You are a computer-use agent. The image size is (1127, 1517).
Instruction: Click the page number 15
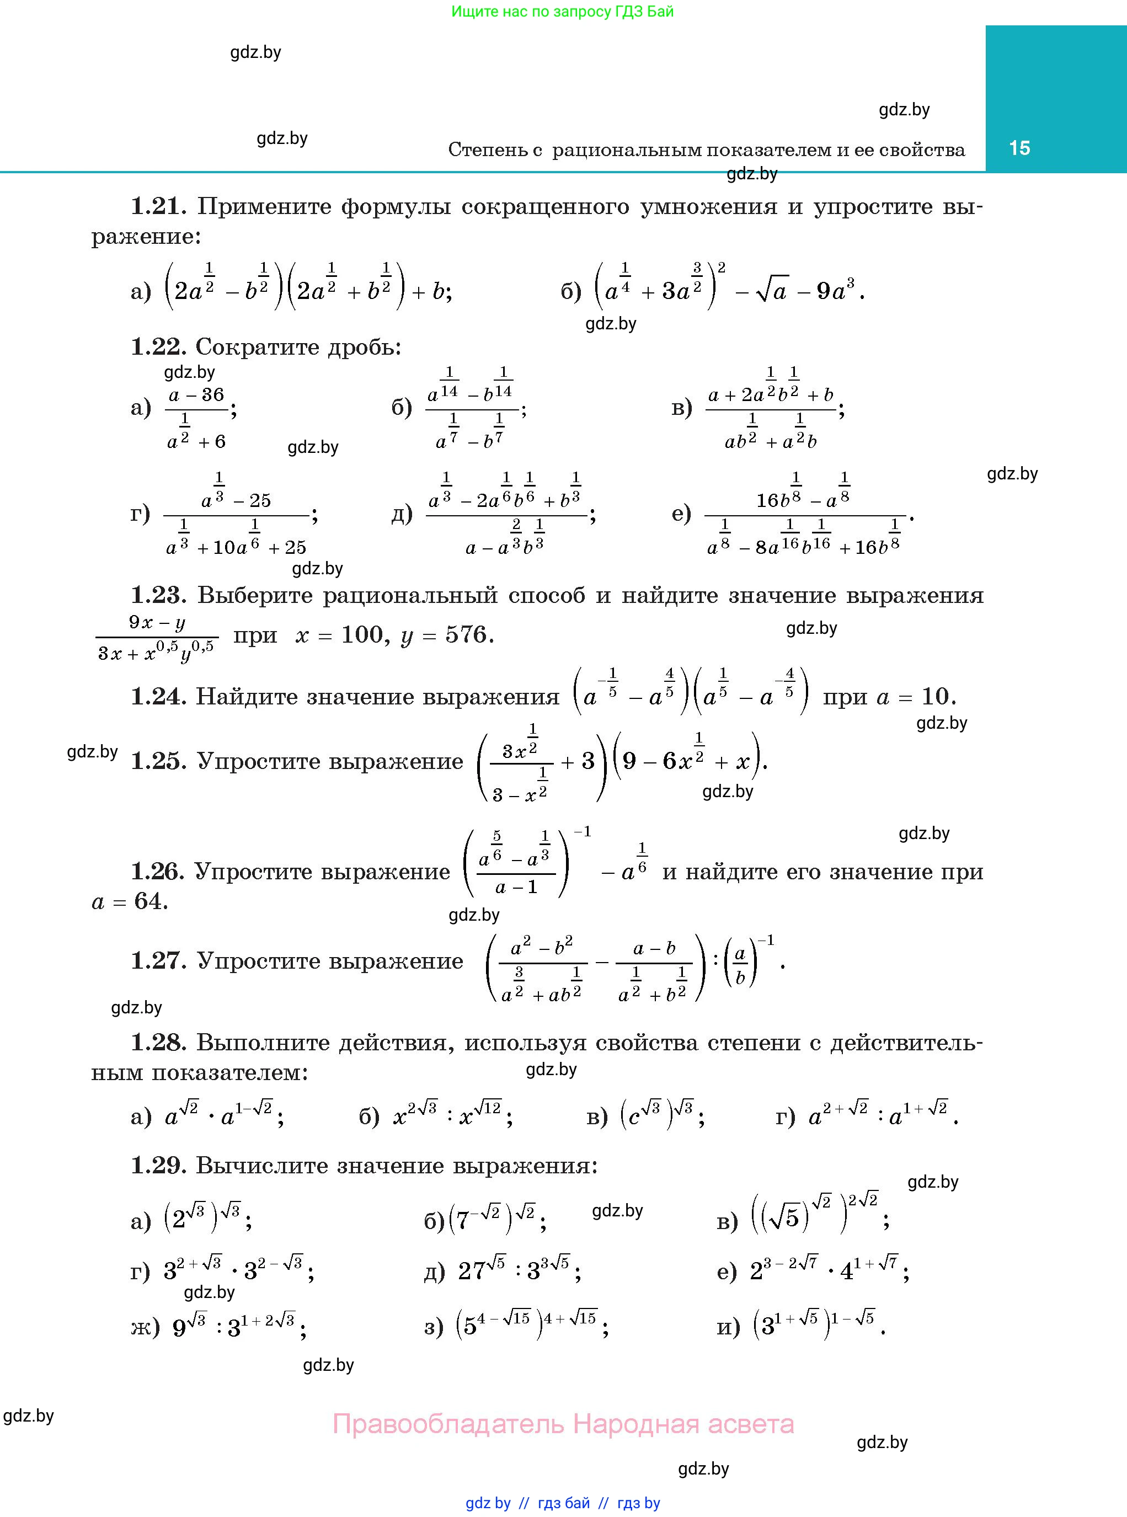(1019, 148)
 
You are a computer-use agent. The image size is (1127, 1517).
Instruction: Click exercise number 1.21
(158, 206)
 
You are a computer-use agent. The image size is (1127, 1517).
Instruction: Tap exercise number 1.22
(158, 346)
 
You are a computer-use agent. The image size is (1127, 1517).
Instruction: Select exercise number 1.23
(158, 595)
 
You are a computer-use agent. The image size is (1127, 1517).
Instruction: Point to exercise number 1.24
(158, 696)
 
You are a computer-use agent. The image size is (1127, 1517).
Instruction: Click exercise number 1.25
(158, 761)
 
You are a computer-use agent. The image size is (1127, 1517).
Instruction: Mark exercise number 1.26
(157, 871)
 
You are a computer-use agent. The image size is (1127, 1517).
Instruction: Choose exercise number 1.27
(158, 960)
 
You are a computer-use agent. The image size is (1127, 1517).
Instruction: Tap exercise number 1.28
(158, 1042)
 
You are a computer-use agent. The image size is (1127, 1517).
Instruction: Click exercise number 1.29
(158, 1165)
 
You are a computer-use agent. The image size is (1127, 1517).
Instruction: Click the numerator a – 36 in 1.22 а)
(196, 395)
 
